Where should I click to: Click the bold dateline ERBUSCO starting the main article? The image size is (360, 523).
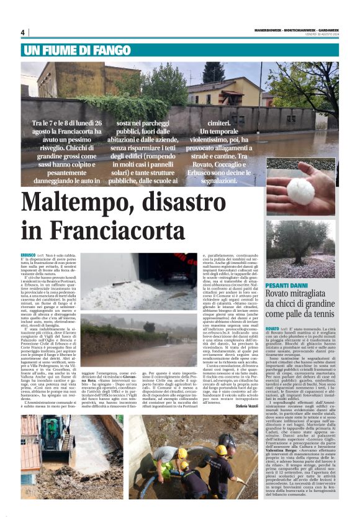(28, 255)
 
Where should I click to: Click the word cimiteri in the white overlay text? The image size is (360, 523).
(221, 124)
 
